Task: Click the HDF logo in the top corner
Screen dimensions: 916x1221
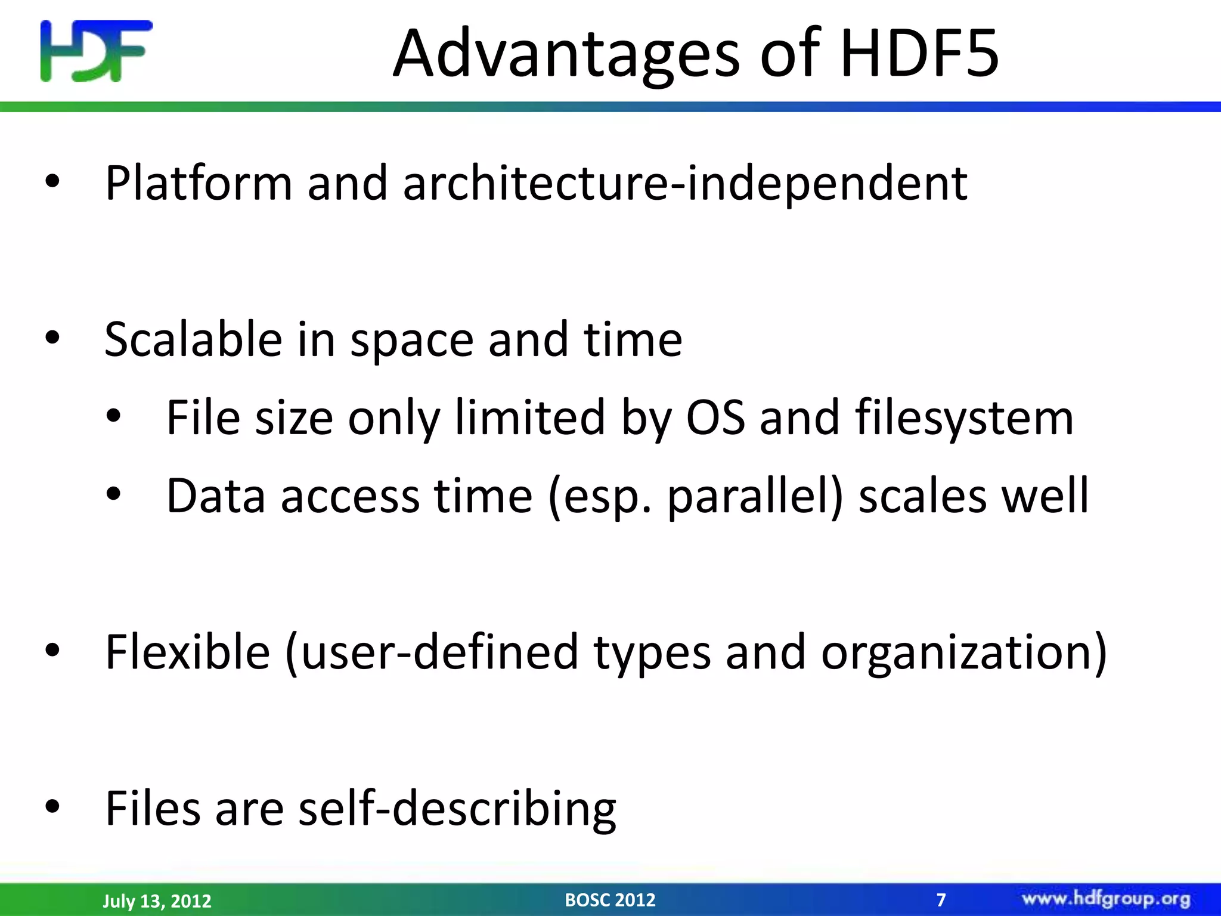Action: tap(96, 51)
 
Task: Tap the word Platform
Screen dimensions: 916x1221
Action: tap(199, 183)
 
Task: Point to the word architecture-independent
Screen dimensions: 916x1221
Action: tap(685, 183)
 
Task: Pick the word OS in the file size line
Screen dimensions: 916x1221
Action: tap(715, 417)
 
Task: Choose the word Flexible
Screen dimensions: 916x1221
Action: tap(187, 652)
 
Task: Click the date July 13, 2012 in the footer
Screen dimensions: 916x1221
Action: tap(157, 900)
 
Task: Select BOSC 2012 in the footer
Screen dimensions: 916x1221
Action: tap(610, 899)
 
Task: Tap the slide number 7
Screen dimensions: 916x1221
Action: tap(941, 899)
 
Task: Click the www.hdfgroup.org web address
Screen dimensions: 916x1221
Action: tap(1106, 899)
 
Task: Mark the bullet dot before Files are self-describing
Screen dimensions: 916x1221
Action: tap(52, 806)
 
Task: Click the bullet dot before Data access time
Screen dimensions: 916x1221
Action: tap(113, 494)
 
